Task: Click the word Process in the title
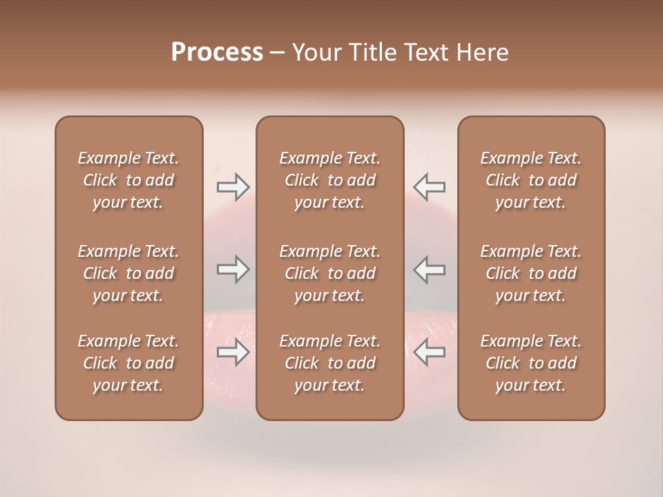tap(217, 52)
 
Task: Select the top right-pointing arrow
tap(233, 186)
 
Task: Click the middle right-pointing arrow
tap(233, 269)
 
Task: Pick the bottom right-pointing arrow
tap(233, 352)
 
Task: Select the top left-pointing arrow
tap(429, 186)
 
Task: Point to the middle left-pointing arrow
tap(429, 269)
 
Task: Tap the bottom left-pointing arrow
tap(429, 352)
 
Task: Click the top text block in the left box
tap(128, 180)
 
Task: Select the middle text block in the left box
tap(128, 273)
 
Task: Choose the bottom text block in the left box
tap(128, 363)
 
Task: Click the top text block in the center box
tap(330, 180)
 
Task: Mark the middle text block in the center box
tap(330, 273)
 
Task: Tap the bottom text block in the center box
tap(330, 363)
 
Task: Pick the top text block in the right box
tap(531, 180)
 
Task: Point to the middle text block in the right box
tap(531, 273)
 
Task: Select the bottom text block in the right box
tap(531, 363)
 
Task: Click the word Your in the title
tap(315, 52)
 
